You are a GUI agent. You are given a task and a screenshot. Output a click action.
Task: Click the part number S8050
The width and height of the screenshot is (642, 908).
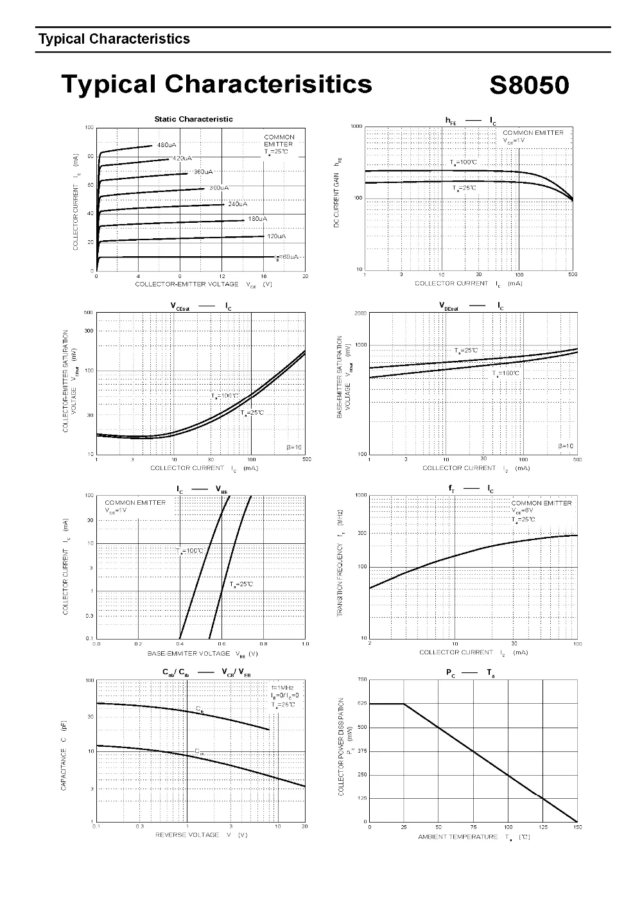click(529, 85)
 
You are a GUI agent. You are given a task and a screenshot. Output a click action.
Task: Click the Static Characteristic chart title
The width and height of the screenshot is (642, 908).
click(193, 119)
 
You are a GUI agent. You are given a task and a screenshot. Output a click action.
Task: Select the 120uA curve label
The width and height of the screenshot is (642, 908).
click(276, 236)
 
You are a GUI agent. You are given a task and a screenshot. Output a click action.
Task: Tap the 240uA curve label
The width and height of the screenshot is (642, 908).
click(238, 204)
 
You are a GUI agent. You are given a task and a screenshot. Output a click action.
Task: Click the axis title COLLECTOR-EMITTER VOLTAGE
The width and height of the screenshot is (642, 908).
click(186, 284)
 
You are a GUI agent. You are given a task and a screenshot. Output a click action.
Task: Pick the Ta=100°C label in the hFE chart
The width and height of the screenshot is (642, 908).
click(463, 162)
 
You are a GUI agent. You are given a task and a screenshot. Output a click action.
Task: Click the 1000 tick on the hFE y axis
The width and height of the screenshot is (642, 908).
click(357, 127)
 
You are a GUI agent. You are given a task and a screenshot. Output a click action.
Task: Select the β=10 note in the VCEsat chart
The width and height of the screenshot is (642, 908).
click(294, 447)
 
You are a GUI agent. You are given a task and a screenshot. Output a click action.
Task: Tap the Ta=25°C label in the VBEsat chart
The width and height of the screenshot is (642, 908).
click(466, 351)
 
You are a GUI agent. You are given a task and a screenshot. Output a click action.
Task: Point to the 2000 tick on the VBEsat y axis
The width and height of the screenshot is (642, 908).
click(360, 313)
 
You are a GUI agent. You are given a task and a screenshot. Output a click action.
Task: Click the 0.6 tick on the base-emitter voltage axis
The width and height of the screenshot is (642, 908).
click(221, 643)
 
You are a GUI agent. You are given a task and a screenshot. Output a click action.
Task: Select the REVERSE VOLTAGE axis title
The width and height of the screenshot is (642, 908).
click(187, 835)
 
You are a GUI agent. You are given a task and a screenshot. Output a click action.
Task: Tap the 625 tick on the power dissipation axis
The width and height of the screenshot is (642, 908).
click(361, 704)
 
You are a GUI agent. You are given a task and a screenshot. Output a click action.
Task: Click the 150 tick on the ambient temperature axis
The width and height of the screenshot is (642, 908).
click(577, 827)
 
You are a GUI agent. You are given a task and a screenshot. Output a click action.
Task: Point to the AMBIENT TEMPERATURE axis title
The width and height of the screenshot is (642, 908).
click(458, 837)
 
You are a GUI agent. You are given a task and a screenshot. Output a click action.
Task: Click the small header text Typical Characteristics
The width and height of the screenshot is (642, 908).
click(114, 39)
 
